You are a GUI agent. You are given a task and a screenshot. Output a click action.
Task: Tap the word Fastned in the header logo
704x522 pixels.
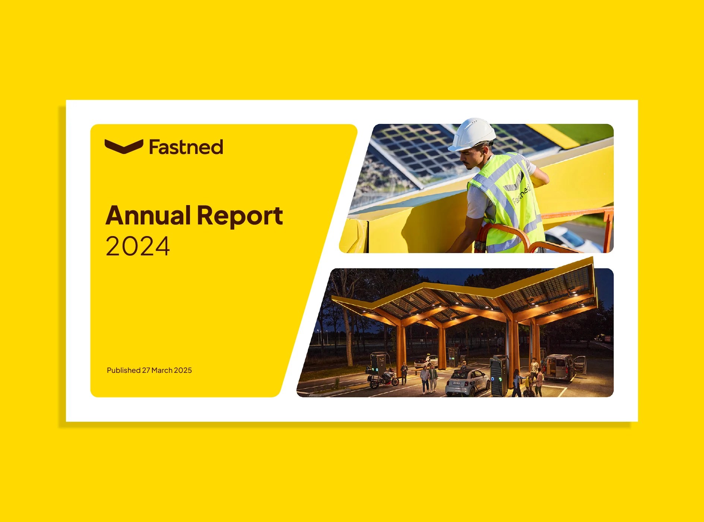186,147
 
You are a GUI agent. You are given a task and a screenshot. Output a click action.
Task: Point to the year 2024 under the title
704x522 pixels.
138,246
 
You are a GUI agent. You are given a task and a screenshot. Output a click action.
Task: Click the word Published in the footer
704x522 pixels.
123,370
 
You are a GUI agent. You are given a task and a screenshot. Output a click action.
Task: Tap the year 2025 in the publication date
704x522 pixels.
183,370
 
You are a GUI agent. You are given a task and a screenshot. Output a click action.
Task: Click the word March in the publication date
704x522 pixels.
162,370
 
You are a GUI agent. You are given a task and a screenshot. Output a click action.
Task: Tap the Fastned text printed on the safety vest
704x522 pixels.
521,194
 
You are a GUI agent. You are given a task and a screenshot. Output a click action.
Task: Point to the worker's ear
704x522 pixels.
484,151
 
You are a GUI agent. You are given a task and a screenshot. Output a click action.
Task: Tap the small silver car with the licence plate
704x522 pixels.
468,383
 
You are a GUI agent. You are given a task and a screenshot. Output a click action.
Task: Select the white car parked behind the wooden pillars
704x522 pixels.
426,361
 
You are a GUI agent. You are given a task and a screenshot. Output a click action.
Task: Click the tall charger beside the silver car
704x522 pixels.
499,376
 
